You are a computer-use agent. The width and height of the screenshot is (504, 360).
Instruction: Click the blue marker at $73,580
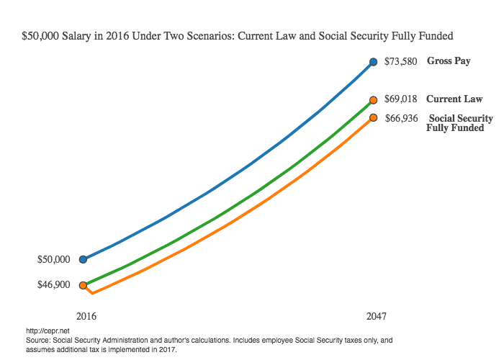point(373,62)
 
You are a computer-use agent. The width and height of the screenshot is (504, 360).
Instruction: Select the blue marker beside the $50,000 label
point(84,259)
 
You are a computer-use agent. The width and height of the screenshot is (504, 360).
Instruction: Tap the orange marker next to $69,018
point(373,100)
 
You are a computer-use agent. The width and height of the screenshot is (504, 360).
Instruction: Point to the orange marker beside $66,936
point(373,117)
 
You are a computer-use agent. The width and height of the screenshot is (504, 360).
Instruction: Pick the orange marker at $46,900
point(84,285)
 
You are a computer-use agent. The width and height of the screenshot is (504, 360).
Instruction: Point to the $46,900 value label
point(54,285)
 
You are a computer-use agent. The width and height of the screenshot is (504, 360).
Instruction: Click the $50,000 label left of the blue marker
point(54,259)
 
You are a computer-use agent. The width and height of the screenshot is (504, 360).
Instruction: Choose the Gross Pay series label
point(449,61)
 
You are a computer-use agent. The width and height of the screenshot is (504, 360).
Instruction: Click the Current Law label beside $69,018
point(454,99)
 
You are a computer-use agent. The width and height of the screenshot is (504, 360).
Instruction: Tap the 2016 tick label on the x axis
point(86,316)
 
